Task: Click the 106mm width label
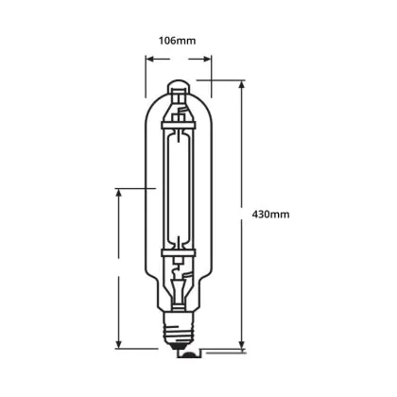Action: [177, 41]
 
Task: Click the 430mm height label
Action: [270, 215]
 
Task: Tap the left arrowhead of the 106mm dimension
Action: [150, 59]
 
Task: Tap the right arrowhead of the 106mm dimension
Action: [207, 59]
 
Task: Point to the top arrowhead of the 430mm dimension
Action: [242, 85]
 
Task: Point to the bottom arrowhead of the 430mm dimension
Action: [242, 344]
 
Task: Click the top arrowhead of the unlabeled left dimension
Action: [119, 194]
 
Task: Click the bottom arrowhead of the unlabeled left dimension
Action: [119, 344]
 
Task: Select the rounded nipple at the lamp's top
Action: [179, 86]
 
